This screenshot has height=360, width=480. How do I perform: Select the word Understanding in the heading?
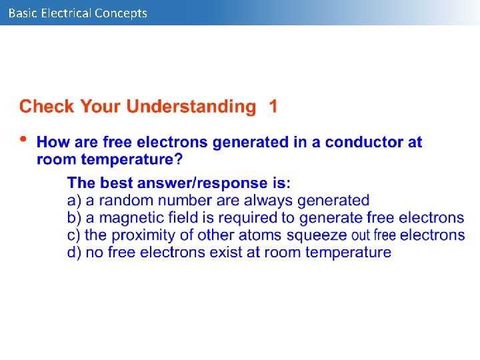tap(191, 107)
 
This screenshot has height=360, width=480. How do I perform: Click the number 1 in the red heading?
tap(273, 107)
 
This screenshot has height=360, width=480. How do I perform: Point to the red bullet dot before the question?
tap(24, 139)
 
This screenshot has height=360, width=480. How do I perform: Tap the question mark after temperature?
tap(178, 159)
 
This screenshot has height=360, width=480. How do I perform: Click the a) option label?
tap(74, 200)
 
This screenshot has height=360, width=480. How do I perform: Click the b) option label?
tap(74, 217)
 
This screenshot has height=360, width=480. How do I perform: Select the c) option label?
tap(74, 235)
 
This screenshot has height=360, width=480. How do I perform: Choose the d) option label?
tap(74, 252)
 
